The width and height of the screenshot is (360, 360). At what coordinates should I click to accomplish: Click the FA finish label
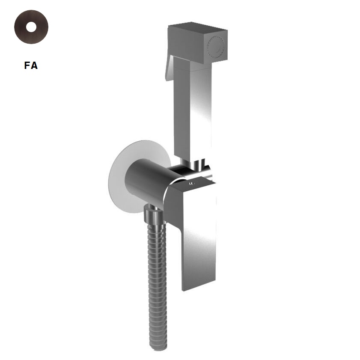[x=31, y=65]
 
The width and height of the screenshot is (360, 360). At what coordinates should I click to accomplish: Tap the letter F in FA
[x=27, y=65]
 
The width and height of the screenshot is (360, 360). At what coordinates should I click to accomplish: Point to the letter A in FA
[x=34, y=65]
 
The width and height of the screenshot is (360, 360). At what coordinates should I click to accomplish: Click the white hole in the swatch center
[x=31, y=27]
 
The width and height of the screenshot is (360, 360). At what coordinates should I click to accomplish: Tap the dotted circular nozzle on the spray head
[x=216, y=47]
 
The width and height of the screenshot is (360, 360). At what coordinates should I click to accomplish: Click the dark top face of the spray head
[x=198, y=26]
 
